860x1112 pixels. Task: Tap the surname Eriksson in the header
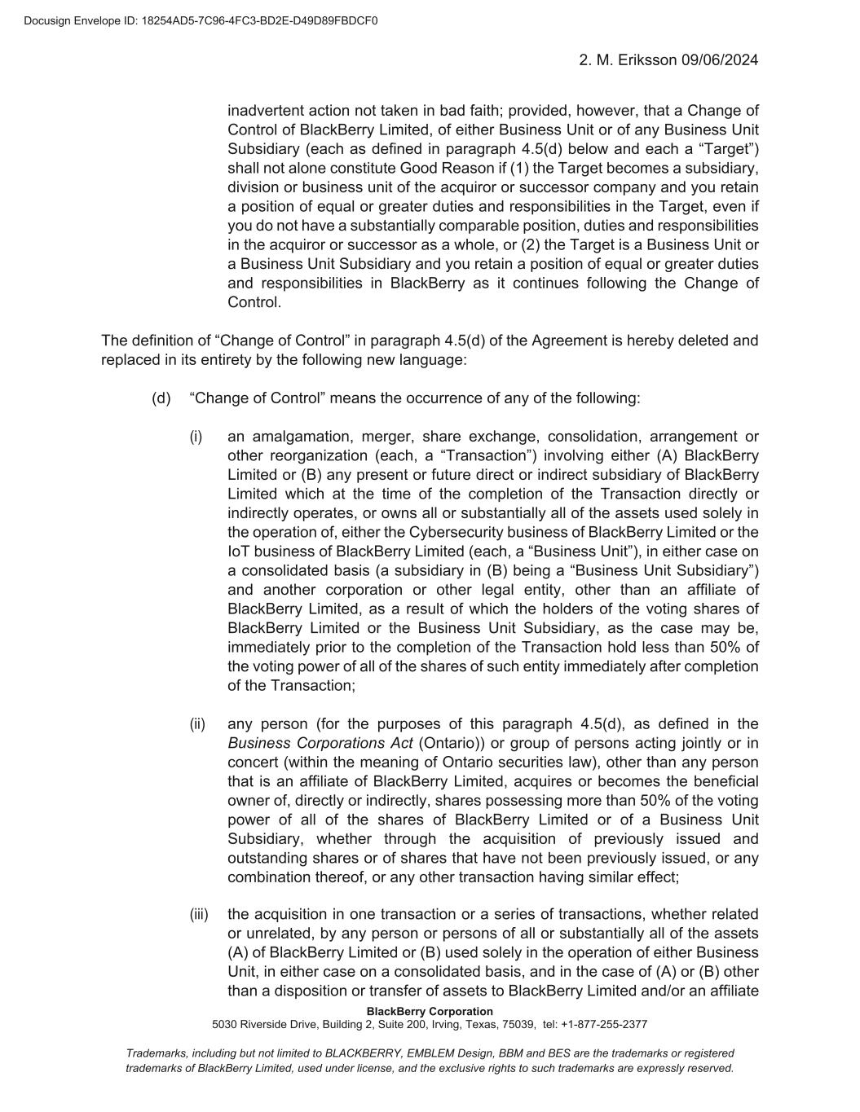[647, 60]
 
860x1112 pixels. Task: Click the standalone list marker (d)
[161, 398]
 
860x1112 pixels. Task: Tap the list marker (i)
[196, 437]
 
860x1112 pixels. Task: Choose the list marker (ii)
[197, 724]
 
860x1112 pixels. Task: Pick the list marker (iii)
[199, 914]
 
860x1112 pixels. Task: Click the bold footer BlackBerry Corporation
[430, 1012]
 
